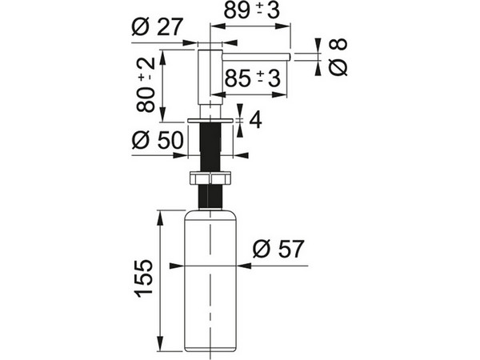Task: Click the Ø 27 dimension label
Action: click(158, 27)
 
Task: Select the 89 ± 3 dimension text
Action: click(252, 10)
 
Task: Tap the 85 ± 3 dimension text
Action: click(253, 78)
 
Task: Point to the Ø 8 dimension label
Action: click(338, 57)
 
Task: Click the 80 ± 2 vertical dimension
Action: click(146, 85)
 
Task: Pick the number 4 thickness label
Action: click(256, 120)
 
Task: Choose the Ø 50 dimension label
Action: click(158, 140)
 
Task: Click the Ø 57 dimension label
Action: click(278, 249)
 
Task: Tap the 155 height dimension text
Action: click(143, 278)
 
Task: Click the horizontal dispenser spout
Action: click(256, 57)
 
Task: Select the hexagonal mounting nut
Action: click(210, 178)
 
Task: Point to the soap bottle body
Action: click(210, 281)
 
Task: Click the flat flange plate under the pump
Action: click(210, 120)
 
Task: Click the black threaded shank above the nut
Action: click(210, 147)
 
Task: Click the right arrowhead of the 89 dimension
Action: click(282, 26)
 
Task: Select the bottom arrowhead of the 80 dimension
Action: click(162, 114)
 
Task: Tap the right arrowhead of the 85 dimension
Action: click(279, 95)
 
